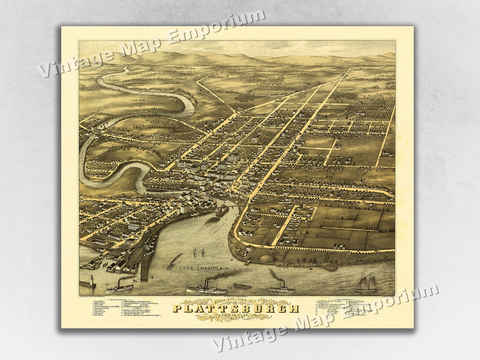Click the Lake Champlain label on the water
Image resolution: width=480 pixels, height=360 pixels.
point(204,269)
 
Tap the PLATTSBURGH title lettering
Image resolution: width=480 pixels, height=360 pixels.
point(236,308)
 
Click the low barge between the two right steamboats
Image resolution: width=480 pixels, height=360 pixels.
point(242,286)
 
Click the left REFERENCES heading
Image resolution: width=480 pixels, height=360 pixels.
point(124,300)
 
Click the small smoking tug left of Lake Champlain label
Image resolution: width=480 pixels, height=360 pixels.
point(172,265)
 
